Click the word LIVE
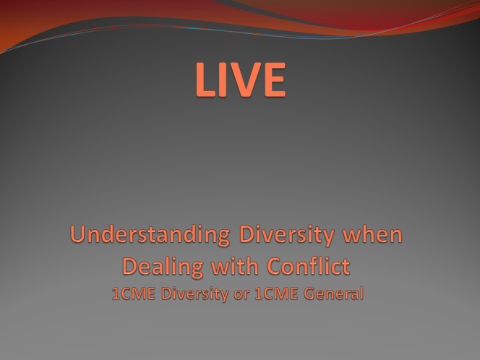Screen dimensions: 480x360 pyautogui.click(x=241, y=80)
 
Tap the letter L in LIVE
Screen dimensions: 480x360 pyautogui.click(x=205, y=80)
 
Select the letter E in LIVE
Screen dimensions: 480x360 pyautogui.click(x=275, y=80)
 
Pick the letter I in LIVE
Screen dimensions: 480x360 pyautogui.click(x=221, y=80)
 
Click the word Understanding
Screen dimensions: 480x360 pyautogui.click(x=150, y=235)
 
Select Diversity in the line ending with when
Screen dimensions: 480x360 pyautogui.click(x=286, y=235)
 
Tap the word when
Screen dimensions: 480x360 pyautogui.click(x=372, y=234)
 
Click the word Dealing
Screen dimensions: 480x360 pyautogui.click(x=163, y=267)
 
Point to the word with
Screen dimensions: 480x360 pyautogui.click(x=235, y=266)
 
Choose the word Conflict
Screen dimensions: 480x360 pyautogui.click(x=309, y=266)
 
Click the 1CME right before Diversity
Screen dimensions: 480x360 pyautogui.click(x=134, y=293)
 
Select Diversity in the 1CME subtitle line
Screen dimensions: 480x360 pyautogui.click(x=194, y=294)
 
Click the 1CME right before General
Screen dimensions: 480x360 pyautogui.click(x=276, y=293)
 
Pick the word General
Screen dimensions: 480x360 pyautogui.click(x=333, y=293)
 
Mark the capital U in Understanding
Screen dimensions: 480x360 pyautogui.click(x=77, y=234)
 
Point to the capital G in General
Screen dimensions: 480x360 pyautogui.click(x=309, y=293)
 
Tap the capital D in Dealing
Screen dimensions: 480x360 pyautogui.click(x=129, y=266)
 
